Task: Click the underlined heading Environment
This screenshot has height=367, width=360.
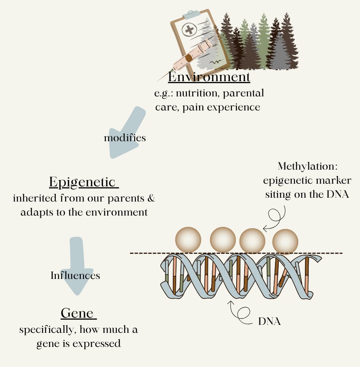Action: [209, 77]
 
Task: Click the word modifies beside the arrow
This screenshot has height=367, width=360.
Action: [125, 138]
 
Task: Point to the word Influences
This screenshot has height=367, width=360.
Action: [75, 275]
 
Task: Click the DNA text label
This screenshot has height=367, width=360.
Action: [269, 321]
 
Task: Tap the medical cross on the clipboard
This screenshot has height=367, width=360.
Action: [188, 30]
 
